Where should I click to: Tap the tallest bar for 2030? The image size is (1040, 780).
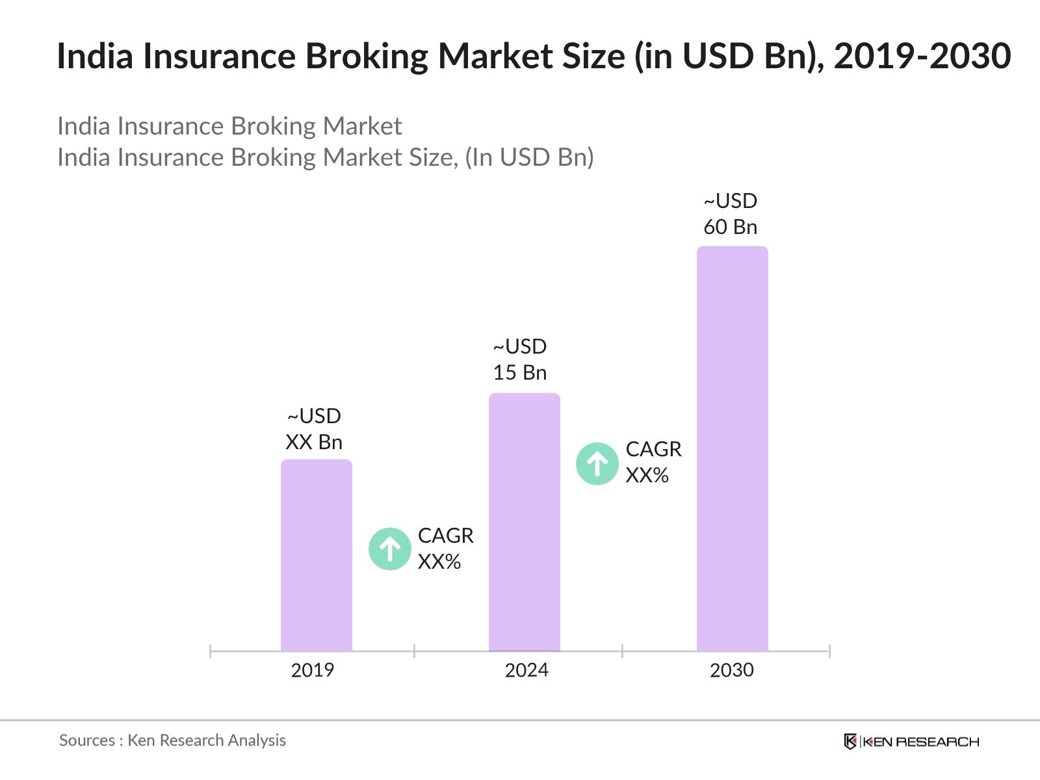tap(733, 448)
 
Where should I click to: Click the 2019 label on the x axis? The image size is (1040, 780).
tap(313, 670)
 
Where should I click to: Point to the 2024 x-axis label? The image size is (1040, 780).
tap(526, 670)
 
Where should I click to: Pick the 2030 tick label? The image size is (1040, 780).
tap(732, 670)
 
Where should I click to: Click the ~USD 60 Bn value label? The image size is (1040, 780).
tap(731, 214)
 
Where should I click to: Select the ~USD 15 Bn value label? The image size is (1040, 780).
tap(520, 359)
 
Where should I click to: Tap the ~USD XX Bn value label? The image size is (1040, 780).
tap(314, 429)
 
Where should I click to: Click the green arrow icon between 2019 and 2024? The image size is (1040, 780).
tap(390, 549)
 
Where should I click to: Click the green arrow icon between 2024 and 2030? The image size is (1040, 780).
tap(597, 463)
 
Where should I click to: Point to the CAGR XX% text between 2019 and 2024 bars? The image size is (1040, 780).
tap(445, 549)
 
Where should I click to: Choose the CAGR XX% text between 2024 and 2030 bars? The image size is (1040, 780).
tap(653, 462)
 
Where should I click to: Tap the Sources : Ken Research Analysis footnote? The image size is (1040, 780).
tap(173, 740)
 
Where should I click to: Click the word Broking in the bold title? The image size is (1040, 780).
tap(367, 56)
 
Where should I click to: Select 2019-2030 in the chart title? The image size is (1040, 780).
tap(922, 56)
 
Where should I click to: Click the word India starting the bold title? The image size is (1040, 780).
tap(95, 56)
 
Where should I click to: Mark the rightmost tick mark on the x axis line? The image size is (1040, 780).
tap(829, 651)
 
